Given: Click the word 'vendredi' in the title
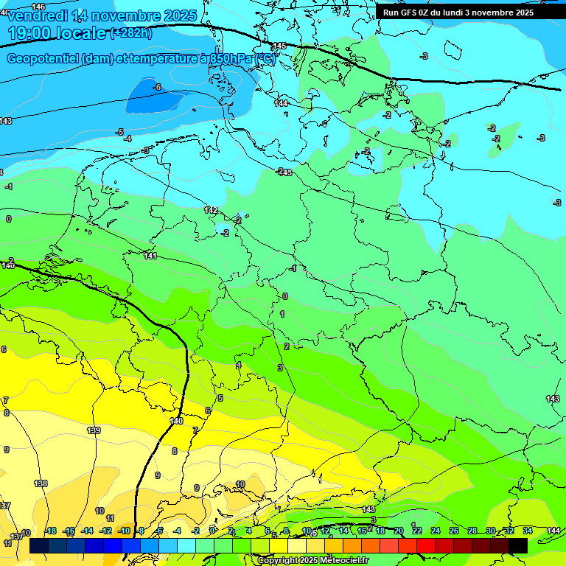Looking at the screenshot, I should click(x=41, y=15).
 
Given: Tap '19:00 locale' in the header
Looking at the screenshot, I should click(x=57, y=32).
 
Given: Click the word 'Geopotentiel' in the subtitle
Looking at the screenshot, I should click(x=43, y=59).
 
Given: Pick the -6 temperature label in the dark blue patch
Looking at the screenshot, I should click(x=156, y=87).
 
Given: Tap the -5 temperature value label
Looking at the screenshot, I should click(x=119, y=132).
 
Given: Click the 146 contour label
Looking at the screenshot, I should click(x=38, y=7).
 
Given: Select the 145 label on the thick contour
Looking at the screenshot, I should click(x=279, y=46).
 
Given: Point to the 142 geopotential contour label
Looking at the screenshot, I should click(x=211, y=210).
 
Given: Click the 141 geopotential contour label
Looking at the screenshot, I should click(x=150, y=256).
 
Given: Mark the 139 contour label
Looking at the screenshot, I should click(x=94, y=430).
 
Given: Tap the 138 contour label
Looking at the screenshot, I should click(x=41, y=483).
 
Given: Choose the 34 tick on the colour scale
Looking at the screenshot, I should click(x=528, y=531).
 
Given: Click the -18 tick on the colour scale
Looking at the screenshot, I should click(x=50, y=531).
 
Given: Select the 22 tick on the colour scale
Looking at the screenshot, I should click(x=416, y=531).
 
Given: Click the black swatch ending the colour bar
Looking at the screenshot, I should click(x=518, y=545).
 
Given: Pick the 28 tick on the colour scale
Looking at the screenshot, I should click(x=472, y=531).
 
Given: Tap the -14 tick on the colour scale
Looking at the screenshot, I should click(x=87, y=531).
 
